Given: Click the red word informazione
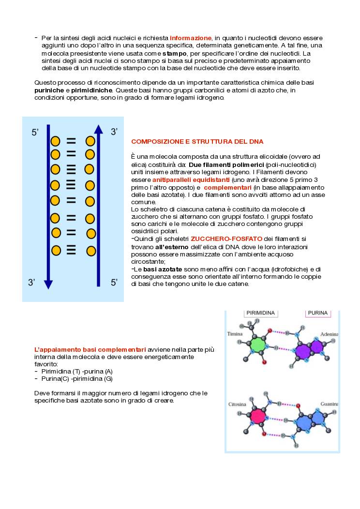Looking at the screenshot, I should [x=191, y=38].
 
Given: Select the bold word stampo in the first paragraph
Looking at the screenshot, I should [x=174, y=53].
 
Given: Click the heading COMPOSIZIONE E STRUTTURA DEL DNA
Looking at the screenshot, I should [x=197, y=142].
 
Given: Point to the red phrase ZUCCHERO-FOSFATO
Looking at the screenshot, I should [x=226, y=239].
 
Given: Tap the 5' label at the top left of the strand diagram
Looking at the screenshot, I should [x=35, y=132].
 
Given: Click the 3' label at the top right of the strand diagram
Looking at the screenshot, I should [x=114, y=132].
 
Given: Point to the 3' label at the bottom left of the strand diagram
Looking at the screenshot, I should [x=31, y=282].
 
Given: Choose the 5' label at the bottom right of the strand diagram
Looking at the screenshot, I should [x=114, y=282].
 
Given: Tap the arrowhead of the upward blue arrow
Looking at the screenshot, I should [x=99, y=129].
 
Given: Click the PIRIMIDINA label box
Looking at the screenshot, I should [x=260, y=313].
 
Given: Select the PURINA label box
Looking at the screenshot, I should [x=317, y=313].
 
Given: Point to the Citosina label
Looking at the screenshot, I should [x=238, y=404].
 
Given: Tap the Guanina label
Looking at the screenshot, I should [x=329, y=404].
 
